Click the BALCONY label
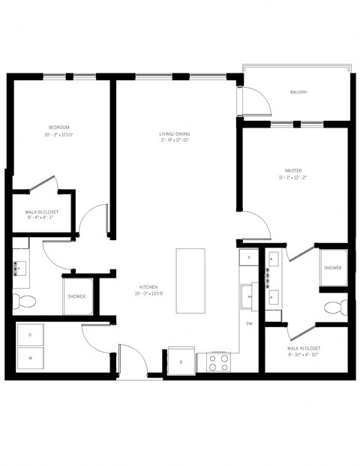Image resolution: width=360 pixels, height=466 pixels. (x=298, y=92)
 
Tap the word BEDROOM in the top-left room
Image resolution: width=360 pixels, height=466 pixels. (x=58, y=128)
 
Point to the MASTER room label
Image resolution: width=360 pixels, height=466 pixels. (x=293, y=170)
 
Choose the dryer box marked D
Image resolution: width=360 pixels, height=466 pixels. (x=30, y=334)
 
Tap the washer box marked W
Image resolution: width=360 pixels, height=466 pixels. (x=30, y=358)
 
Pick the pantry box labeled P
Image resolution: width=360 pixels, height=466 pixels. (x=248, y=257)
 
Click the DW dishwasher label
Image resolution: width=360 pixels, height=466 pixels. (x=248, y=323)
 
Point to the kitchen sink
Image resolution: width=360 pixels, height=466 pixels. (x=248, y=297)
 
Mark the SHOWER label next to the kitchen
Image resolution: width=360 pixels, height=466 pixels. (x=77, y=296)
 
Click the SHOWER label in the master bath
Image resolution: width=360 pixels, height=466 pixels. (x=333, y=268)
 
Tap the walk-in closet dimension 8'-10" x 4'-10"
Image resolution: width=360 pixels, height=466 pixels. (x=303, y=355)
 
